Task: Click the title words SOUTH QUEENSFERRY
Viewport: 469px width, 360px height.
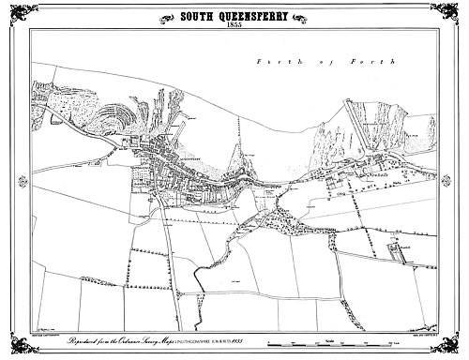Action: point(234,15)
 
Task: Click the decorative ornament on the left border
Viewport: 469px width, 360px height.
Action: point(8,180)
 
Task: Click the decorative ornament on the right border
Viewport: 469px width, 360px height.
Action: point(461,180)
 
